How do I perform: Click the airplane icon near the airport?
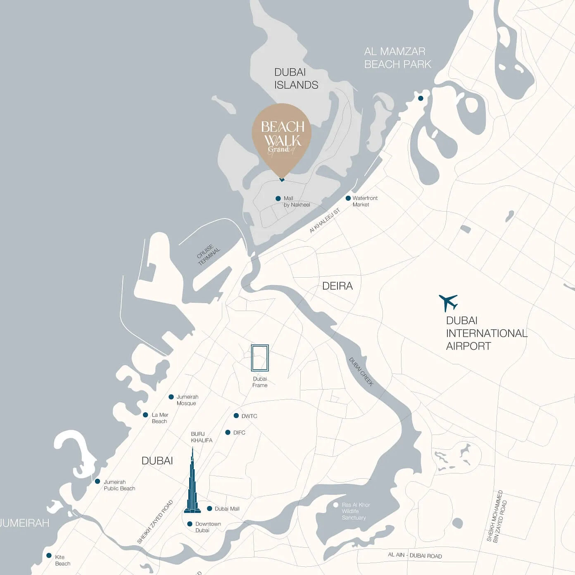448,302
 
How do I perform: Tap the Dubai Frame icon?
260,358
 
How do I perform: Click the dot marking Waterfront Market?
348,198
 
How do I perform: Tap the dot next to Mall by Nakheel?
278,199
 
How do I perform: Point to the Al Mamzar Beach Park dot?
421,98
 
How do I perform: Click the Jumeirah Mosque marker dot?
171,397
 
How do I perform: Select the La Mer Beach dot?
145,415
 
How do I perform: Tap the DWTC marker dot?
236,416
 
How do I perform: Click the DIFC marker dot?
228,432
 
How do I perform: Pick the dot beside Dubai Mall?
209,508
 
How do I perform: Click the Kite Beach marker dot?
49,556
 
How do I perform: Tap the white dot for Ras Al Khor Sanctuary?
336,505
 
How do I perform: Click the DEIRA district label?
337,286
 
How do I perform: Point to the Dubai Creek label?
361,372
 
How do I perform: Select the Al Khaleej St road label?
325,221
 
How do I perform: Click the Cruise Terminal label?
209,254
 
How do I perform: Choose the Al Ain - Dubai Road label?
415,555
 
